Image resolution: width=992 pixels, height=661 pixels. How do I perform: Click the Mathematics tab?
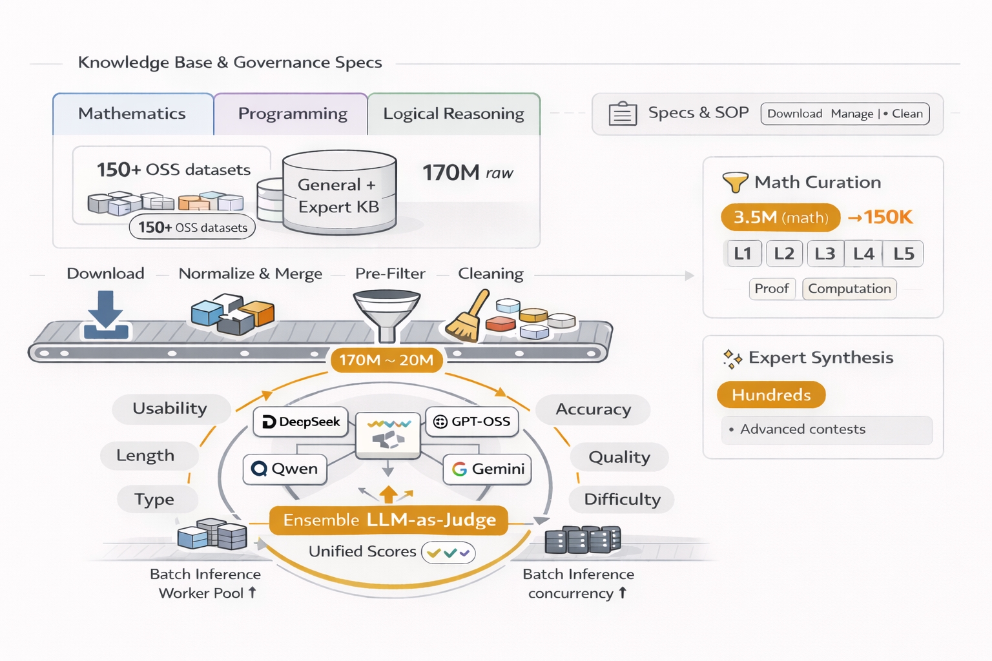coord(132,114)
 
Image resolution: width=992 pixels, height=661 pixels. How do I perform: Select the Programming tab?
coord(292,114)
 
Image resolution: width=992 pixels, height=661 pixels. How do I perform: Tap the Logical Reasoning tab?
coord(453,114)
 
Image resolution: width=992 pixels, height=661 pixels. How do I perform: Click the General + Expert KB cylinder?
coord(338,193)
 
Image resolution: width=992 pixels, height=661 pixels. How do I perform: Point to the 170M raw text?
coord(468,173)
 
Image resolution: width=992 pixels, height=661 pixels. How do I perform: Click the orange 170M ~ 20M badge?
coord(386,360)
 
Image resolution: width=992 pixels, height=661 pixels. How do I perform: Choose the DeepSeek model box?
coord(301,422)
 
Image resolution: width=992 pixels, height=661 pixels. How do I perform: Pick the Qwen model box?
coord(285,469)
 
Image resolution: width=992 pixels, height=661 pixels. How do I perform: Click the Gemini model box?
coord(488,469)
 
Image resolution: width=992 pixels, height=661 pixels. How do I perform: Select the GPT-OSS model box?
coord(472,422)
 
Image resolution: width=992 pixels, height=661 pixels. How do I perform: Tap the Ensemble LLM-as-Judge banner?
coord(389,520)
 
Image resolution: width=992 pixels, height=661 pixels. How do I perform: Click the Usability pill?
coord(170,409)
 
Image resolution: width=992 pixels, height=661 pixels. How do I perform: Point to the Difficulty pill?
coord(622,500)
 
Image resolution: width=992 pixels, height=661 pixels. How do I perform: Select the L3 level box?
coord(825,254)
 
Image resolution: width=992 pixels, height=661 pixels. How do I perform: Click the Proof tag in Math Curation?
coord(772,289)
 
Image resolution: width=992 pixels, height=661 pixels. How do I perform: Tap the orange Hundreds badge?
coord(771,395)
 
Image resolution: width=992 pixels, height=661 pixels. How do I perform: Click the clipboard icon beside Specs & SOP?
coord(623,114)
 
